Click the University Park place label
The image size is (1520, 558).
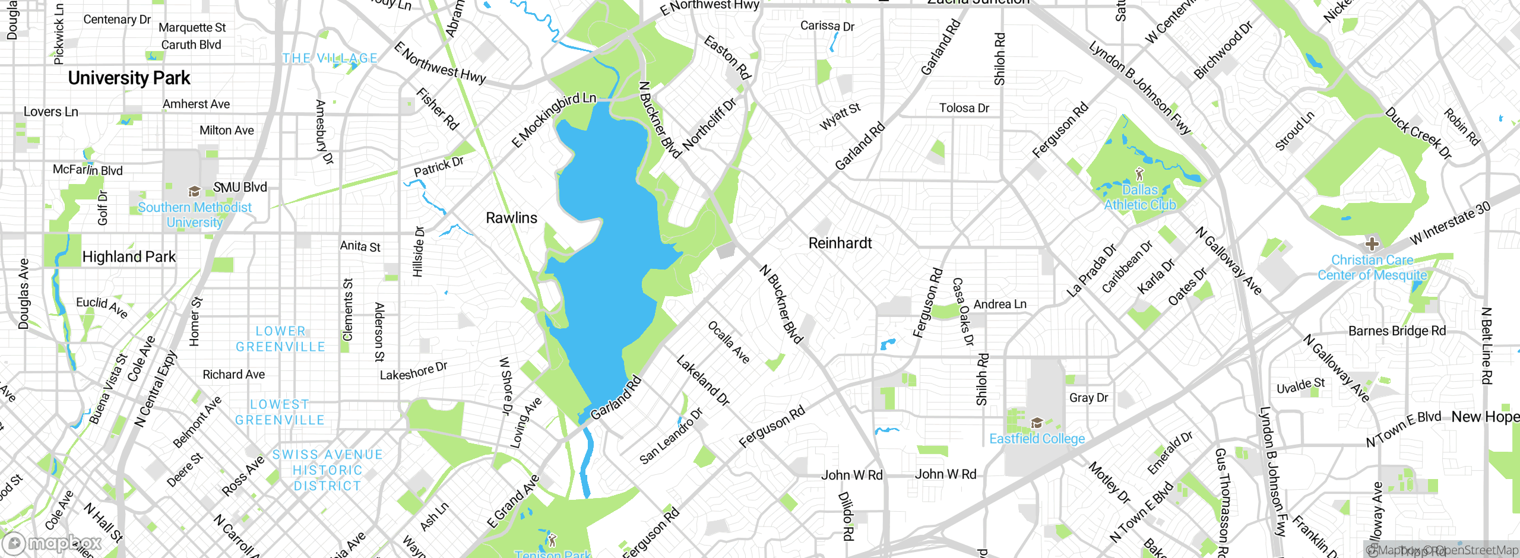tap(129, 78)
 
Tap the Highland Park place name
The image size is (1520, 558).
tap(129, 256)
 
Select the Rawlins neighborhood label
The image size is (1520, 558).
tap(511, 218)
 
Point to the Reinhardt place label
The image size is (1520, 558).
tap(840, 243)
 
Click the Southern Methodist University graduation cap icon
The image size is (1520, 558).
tap(194, 191)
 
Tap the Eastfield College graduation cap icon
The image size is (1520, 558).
tap(1037, 423)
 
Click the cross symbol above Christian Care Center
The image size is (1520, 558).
tap(1372, 243)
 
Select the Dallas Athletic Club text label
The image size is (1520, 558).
tap(1140, 197)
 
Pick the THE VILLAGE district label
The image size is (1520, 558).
tap(330, 58)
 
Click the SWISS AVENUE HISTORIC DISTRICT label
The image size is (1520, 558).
tap(327, 470)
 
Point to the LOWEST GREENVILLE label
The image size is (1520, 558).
tap(280, 412)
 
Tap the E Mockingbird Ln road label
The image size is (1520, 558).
tap(553, 120)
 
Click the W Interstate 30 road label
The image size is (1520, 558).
tap(1450, 223)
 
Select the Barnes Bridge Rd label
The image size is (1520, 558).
tap(1397, 331)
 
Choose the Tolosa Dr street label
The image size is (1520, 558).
tap(964, 108)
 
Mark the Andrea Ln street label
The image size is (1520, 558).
tap(1000, 304)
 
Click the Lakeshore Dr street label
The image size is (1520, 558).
tap(413, 371)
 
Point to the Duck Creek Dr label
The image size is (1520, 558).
tap(1418, 133)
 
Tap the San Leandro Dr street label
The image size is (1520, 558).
tap(671, 436)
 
